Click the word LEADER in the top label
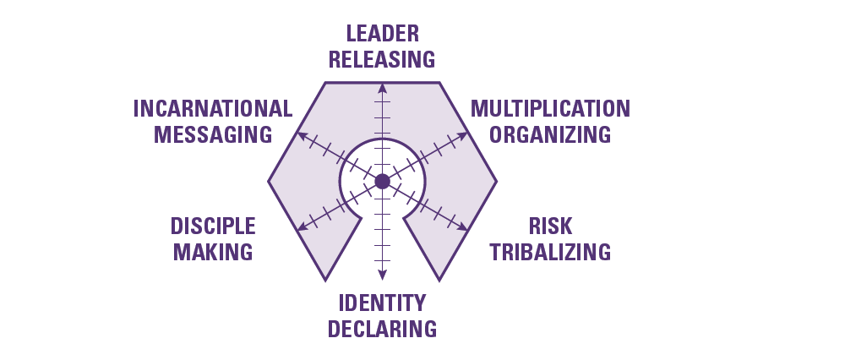pyautogui.click(x=382, y=34)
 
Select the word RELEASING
pyautogui.click(x=382, y=59)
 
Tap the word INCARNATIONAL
pyautogui.click(x=213, y=109)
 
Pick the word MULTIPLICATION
pyautogui.click(x=550, y=109)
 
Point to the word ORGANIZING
pyautogui.click(x=550, y=134)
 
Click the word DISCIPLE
pyautogui.click(x=213, y=226)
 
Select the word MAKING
pyautogui.click(x=212, y=251)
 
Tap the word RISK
pyautogui.click(x=550, y=226)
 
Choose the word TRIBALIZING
pyautogui.click(x=550, y=251)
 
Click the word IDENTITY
pyautogui.click(x=382, y=303)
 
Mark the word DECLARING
pyautogui.click(x=382, y=328)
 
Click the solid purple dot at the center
pyautogui.click(x=382, y=181)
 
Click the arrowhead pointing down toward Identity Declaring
pyautogui.click(x=382, y=275)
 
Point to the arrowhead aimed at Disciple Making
pyautogui.click(x=299, y=227)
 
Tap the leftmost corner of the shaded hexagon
pyautogui.click(x=270, y=181)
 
